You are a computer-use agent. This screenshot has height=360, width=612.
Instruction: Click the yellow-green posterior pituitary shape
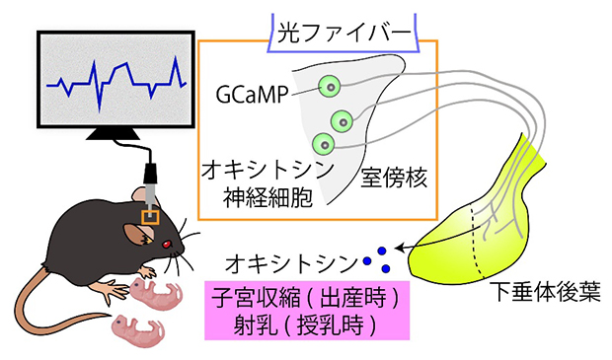click(494, 232)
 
